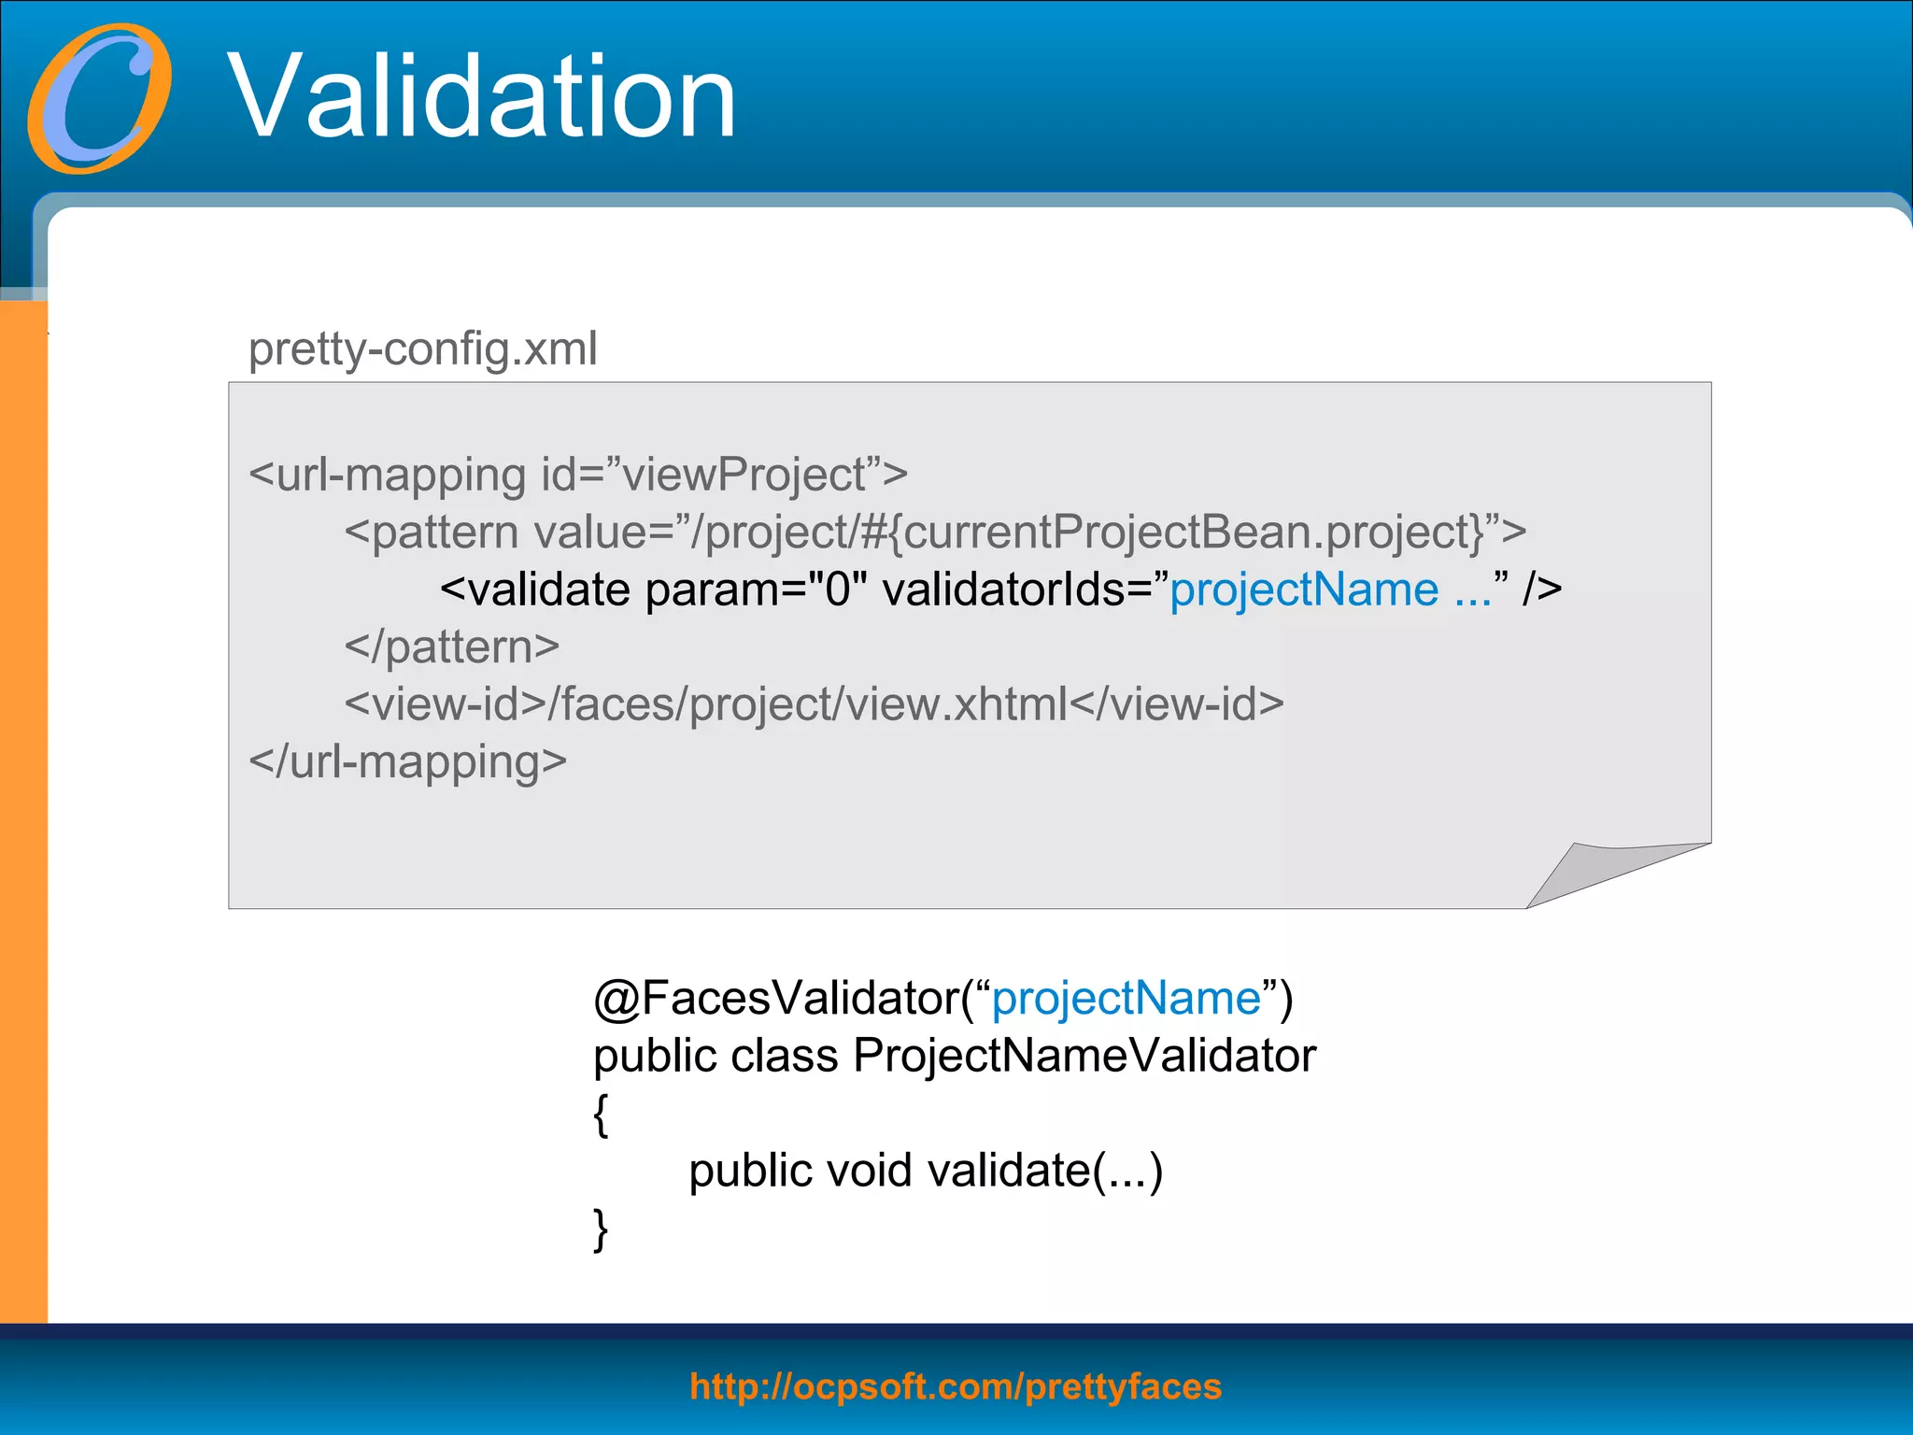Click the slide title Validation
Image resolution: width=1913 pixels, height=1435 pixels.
coord(482,97)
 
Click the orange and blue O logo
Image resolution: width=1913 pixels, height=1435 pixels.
coord(99,99)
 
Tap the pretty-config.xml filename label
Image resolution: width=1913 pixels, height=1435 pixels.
coord(422,349)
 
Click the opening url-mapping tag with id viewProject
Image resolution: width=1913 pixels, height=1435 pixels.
coord(577,475)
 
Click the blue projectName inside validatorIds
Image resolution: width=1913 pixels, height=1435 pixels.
coord(1304,590)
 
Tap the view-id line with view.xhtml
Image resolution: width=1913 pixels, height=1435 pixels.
coord(814,704)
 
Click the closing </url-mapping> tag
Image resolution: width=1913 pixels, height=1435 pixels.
coord(407,762)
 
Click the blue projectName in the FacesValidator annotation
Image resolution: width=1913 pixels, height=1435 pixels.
coord(1126,999)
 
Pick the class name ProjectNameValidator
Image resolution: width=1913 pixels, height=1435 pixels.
coord(1084,1057)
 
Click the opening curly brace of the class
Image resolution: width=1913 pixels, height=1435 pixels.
coord(601,1115)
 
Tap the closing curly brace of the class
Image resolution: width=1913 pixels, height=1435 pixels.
coord(601,1229)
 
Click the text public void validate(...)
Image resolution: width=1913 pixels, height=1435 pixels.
coord(925,1172)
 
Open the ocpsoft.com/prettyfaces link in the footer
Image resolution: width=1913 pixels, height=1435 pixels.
coord(955,1386)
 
